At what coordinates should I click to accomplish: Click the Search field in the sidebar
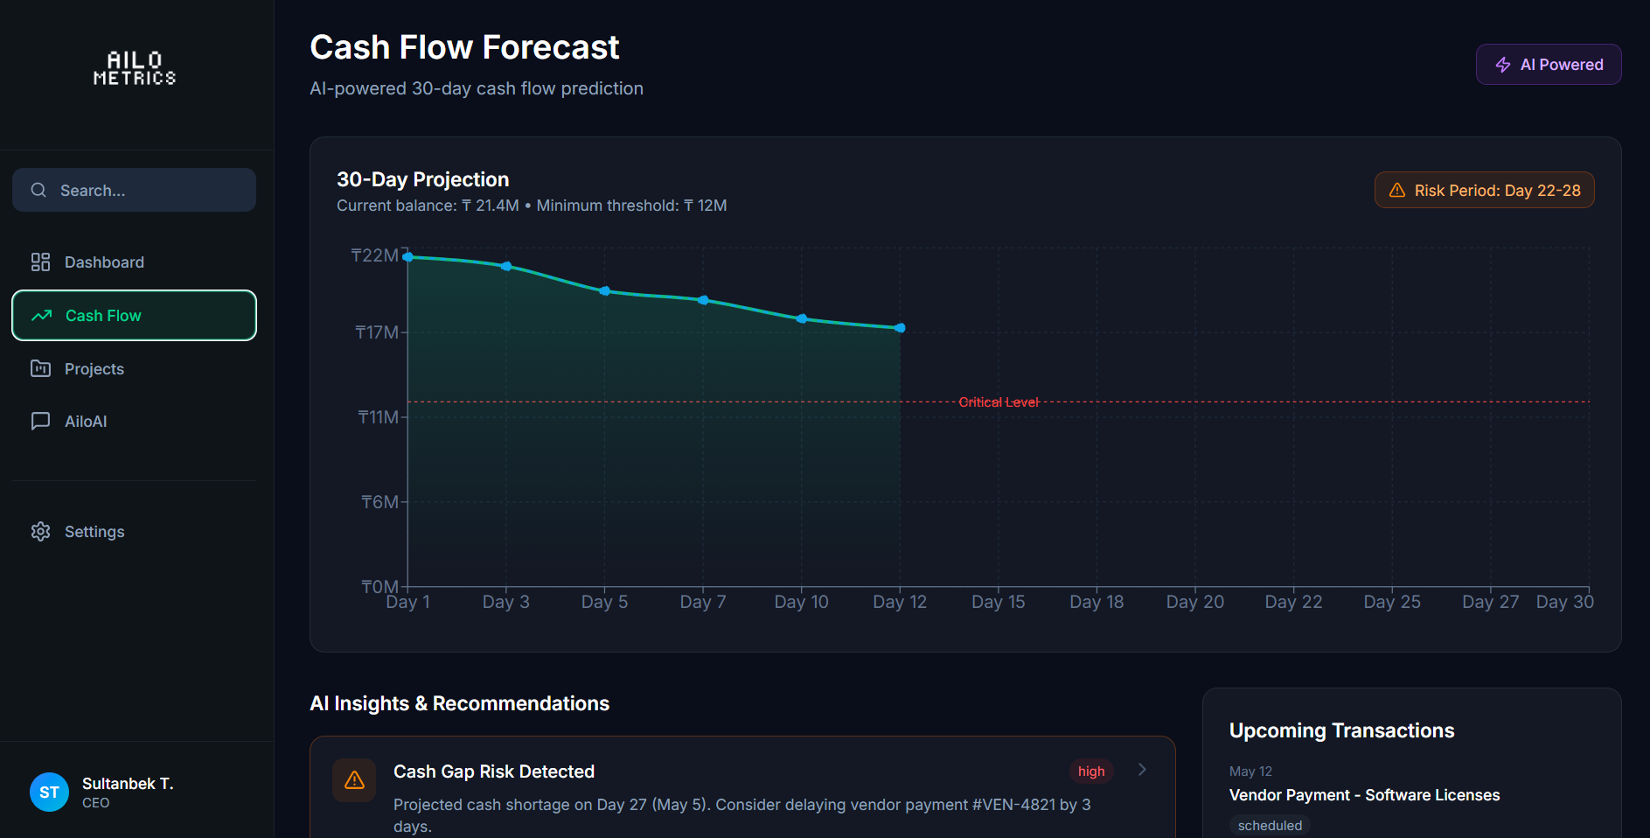[134, 190]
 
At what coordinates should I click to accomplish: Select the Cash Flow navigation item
[134, 316]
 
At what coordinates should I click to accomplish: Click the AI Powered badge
[1549, 65]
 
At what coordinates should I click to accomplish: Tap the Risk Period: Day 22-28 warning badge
[1484, 190]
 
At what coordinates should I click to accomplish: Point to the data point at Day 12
[901, 328]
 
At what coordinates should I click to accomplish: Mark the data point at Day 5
[605, 291]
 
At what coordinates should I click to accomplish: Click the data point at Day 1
[408, 257]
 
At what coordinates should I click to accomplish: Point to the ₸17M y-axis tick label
[377, 332]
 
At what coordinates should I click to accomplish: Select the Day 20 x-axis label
[1195, 602]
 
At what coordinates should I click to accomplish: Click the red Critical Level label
[999, 402]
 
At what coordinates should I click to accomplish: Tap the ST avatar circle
[49, 793]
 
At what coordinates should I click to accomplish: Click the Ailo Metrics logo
[135, 68]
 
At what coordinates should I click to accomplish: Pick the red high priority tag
[1091, 772]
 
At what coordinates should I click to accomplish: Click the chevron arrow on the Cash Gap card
[1142, 770]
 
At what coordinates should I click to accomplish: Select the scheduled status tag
[1270, 826]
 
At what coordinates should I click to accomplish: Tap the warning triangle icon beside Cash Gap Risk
[354, 780]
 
